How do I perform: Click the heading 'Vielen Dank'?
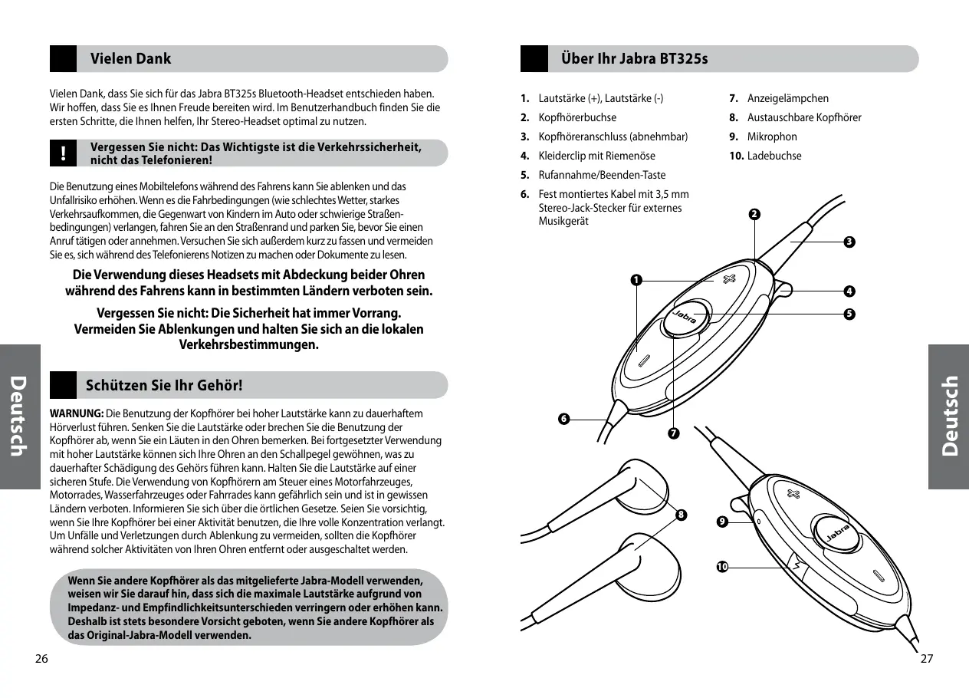click(x=130, y=58)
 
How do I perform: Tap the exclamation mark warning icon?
click(x=64, y=153)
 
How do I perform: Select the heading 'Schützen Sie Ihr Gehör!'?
click(x=166, y=385)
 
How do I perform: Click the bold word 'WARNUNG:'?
click(x=76, y=413)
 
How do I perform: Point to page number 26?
click(x=41, y=659)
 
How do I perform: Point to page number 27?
click(x=926, y=659)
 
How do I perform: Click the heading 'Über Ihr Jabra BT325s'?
click(x=634, y=58)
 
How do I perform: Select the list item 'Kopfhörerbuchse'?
click(x=576, y=117)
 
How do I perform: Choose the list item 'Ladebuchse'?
click(x=774, y=156)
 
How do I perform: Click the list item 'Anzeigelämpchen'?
click(x=787, y=98)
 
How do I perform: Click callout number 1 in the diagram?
click(x=636, y=279)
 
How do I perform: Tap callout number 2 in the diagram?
click(x=755, y=213)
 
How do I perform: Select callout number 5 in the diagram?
click(x=849, y=314)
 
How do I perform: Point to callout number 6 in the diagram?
click(x=563, y=418)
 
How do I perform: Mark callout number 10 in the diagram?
click(x=722, y=567)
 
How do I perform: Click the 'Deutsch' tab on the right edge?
click(x=949, y=416)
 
